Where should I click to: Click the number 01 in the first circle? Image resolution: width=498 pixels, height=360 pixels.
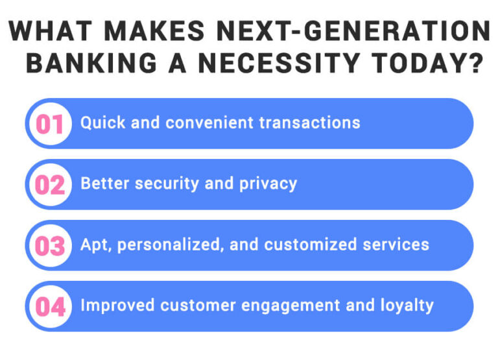pyautogui.click(x=50, y=123)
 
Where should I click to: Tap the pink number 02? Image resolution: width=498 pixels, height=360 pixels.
pyautogui.click(x=50, y=184)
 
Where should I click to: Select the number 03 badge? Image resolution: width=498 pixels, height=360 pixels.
pyautogui.click(x=50, y=245)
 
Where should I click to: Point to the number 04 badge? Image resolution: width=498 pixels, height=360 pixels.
pyautogui.click(x=50, y=306)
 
